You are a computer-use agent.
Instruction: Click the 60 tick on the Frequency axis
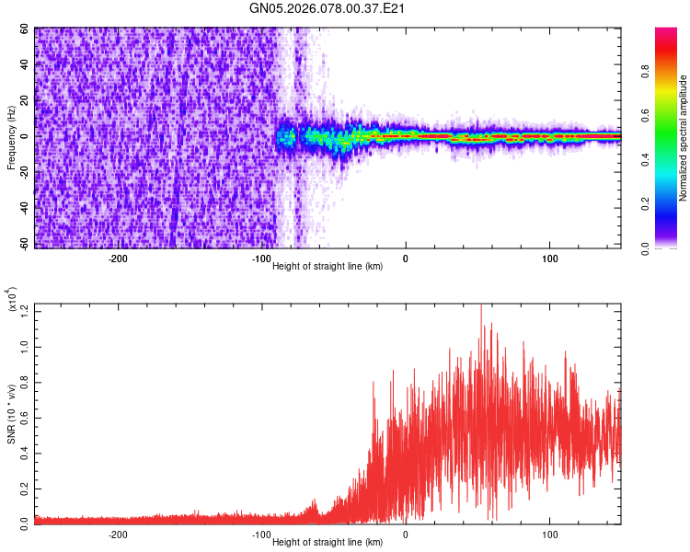tap(25, 29)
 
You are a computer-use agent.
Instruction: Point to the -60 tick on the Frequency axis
tap(23, 244)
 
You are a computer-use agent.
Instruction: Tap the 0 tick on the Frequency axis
tap(28, 136)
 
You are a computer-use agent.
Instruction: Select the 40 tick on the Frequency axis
tap(25, 64)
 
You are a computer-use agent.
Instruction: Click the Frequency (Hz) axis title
tap(11, 136)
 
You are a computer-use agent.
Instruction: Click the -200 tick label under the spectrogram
tap(118, 259)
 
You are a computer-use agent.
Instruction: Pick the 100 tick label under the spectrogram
tap(549, 259)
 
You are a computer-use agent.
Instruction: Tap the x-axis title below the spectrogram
tap(328, 266)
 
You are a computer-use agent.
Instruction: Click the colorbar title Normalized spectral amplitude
tap(684, 138)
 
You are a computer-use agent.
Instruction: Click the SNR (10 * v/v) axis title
tap(12, 414)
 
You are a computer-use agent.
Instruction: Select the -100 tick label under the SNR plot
tap(261, 534)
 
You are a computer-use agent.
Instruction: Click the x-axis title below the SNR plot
tap(328, 542)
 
